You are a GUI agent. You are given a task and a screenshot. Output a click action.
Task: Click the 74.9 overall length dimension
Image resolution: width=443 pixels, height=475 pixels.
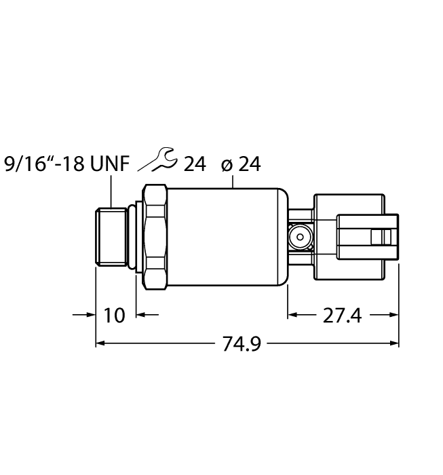(242, 344)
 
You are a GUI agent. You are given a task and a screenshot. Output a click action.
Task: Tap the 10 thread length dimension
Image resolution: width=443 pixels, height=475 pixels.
(116, 316)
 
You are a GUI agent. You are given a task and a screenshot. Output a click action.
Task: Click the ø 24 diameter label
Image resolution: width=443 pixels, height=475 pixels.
(241, 164)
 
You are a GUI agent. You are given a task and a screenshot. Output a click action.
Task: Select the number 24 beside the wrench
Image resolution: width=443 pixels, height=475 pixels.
(194, 164)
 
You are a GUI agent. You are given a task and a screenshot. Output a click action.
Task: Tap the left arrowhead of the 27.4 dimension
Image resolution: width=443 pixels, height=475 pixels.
(293, 315)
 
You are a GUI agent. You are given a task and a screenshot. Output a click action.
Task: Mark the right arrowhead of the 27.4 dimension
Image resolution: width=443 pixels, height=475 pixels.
(393, 315)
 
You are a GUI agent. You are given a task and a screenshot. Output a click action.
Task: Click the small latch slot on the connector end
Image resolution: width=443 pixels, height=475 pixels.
(377, 237)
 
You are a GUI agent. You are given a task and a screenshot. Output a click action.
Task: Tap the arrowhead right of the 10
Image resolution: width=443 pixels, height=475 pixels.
(142, 315)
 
